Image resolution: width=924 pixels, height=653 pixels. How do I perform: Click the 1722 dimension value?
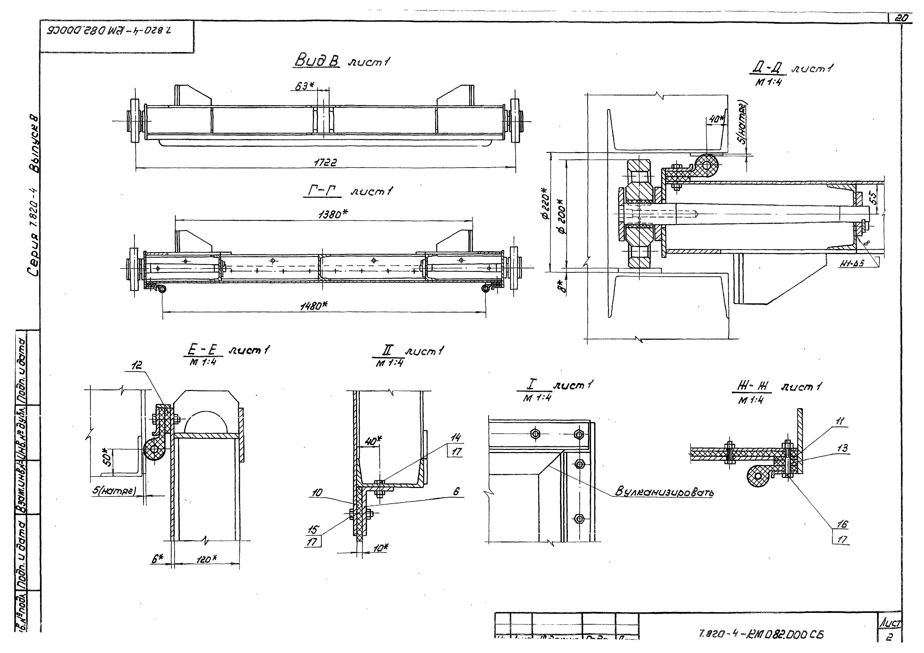point(325,163)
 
